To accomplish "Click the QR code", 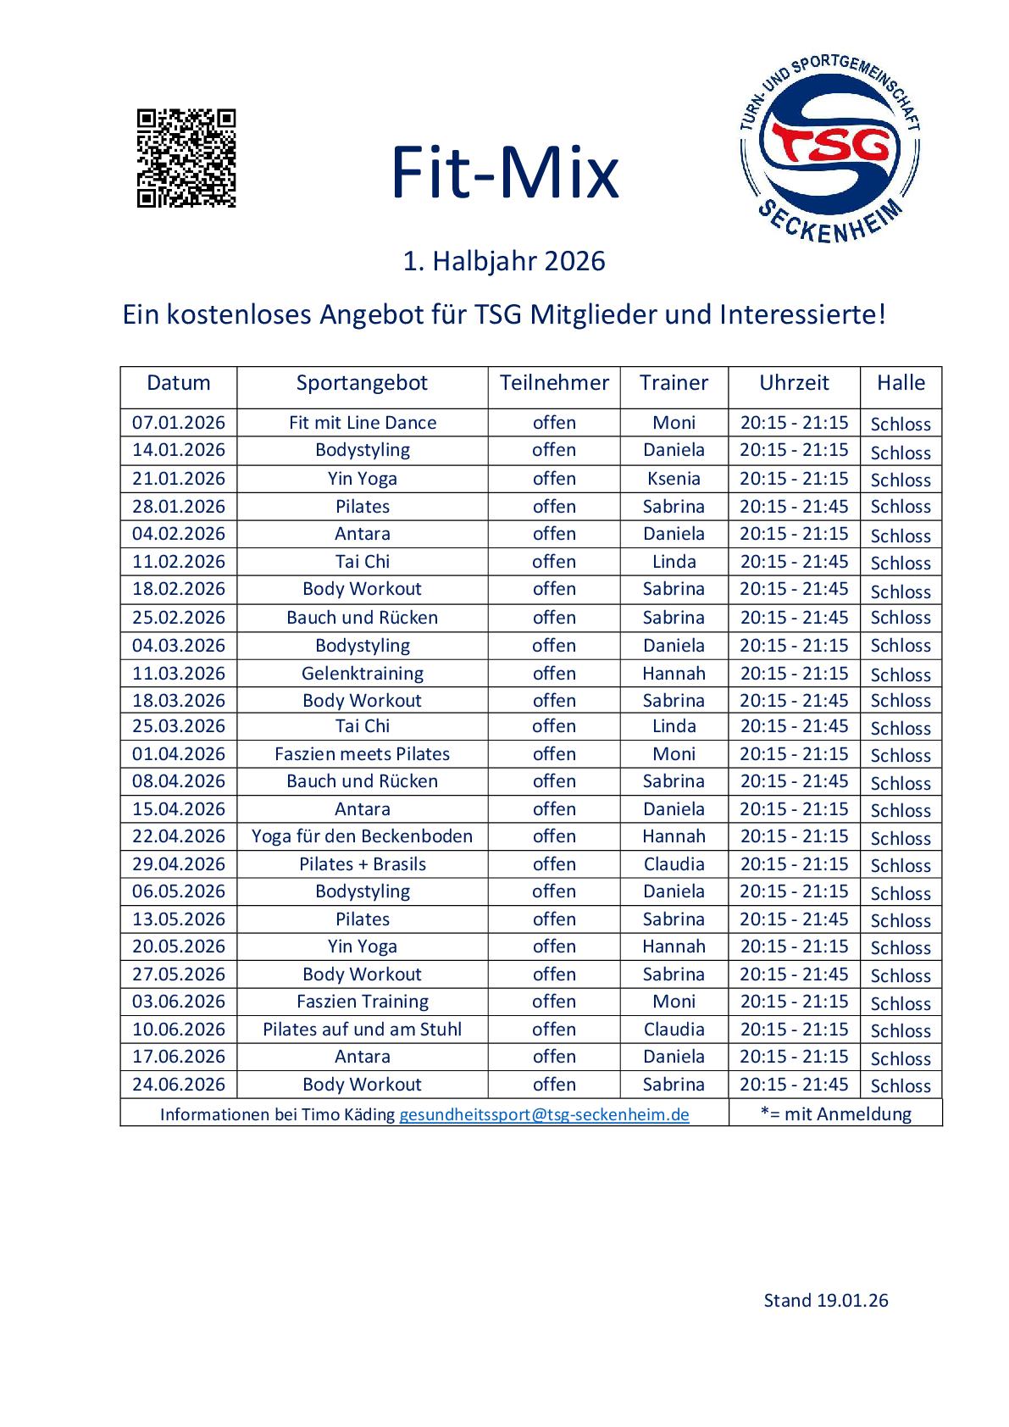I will [x=186, y=158].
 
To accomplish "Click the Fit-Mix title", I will [x=504, y=173].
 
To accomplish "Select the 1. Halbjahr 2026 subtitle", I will [x=504, y=261].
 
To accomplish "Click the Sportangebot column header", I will [x=362, y=383].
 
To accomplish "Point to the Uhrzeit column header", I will [x=794, y=383].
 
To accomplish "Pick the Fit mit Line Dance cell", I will [x=362, y=423].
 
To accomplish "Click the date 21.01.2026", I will [x=179, y=479].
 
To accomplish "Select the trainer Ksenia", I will [x=674, y=479].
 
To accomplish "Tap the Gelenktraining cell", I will [x=362, y=674].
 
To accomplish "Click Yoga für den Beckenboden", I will [x=362, y=836].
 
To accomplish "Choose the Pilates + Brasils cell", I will [x=362, y=864].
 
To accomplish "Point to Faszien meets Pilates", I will [x=362, y=754].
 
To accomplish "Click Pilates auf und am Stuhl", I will [x=362, y=1030].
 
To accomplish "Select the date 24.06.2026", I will [x=179, y=1085].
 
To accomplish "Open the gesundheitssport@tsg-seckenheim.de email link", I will [x=544, y=1114].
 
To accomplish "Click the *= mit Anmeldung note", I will [x=835, y=1113].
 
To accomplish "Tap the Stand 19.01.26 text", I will [x=826, y=1301].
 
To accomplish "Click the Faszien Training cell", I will [x=362, y=1002].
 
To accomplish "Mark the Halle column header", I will [x=901, y=383].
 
